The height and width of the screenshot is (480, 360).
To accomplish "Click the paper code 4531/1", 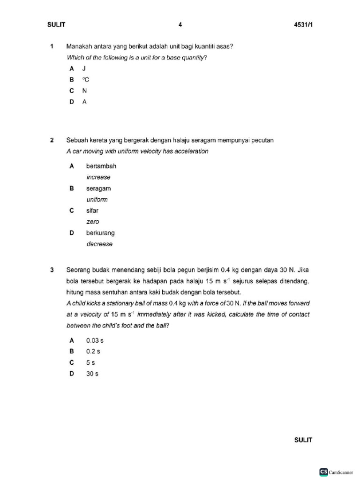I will click(302, 24).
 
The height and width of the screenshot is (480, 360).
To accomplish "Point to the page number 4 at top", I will click(180, 24).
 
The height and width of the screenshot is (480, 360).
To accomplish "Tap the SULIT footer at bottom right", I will click(303, 440).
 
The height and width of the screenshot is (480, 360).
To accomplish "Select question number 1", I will click(52, 46).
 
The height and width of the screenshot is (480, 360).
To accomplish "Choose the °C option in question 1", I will click(85, 80).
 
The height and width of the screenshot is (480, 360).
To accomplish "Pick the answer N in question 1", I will click(85, 90).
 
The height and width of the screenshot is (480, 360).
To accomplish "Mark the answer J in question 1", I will click(84, 68).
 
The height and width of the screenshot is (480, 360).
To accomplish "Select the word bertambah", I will click(101, 166).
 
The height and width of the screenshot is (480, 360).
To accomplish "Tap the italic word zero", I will click(93, 222).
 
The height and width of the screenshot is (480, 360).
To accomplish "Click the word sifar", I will click(92, 210).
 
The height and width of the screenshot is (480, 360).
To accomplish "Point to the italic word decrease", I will click(99, 244).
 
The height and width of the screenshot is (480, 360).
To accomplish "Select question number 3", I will click(52, 270).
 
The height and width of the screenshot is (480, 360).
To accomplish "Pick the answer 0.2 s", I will click(93, 351).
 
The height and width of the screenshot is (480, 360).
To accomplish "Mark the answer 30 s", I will click(92, 374).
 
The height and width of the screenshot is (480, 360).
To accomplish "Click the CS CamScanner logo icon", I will click(323, 472).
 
